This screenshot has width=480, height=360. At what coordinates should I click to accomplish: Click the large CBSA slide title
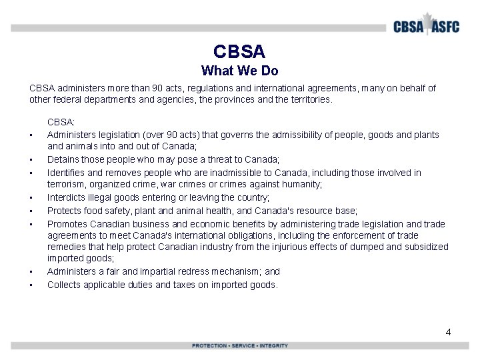click(x=239, y=51)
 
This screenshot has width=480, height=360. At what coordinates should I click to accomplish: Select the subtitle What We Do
click(x=239, y=71)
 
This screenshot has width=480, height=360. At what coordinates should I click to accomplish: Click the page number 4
click(x=448, y=331)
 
